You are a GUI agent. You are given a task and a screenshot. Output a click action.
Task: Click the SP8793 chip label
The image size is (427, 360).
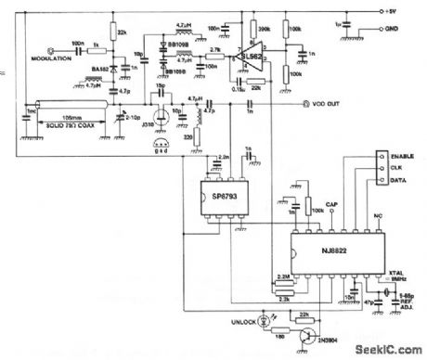click(221, 199)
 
